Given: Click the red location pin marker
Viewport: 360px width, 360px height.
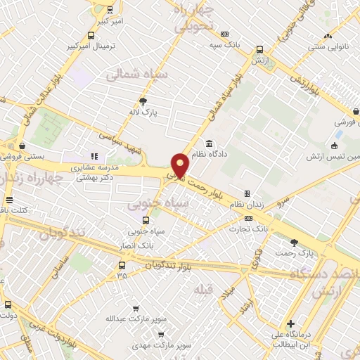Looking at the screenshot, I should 181,165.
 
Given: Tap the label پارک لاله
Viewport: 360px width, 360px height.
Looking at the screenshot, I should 145,112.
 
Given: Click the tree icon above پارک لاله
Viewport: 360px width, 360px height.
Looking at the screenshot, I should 145,101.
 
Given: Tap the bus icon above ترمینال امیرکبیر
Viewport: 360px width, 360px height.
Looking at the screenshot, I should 91,35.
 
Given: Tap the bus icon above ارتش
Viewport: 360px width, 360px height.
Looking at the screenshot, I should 260,50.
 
